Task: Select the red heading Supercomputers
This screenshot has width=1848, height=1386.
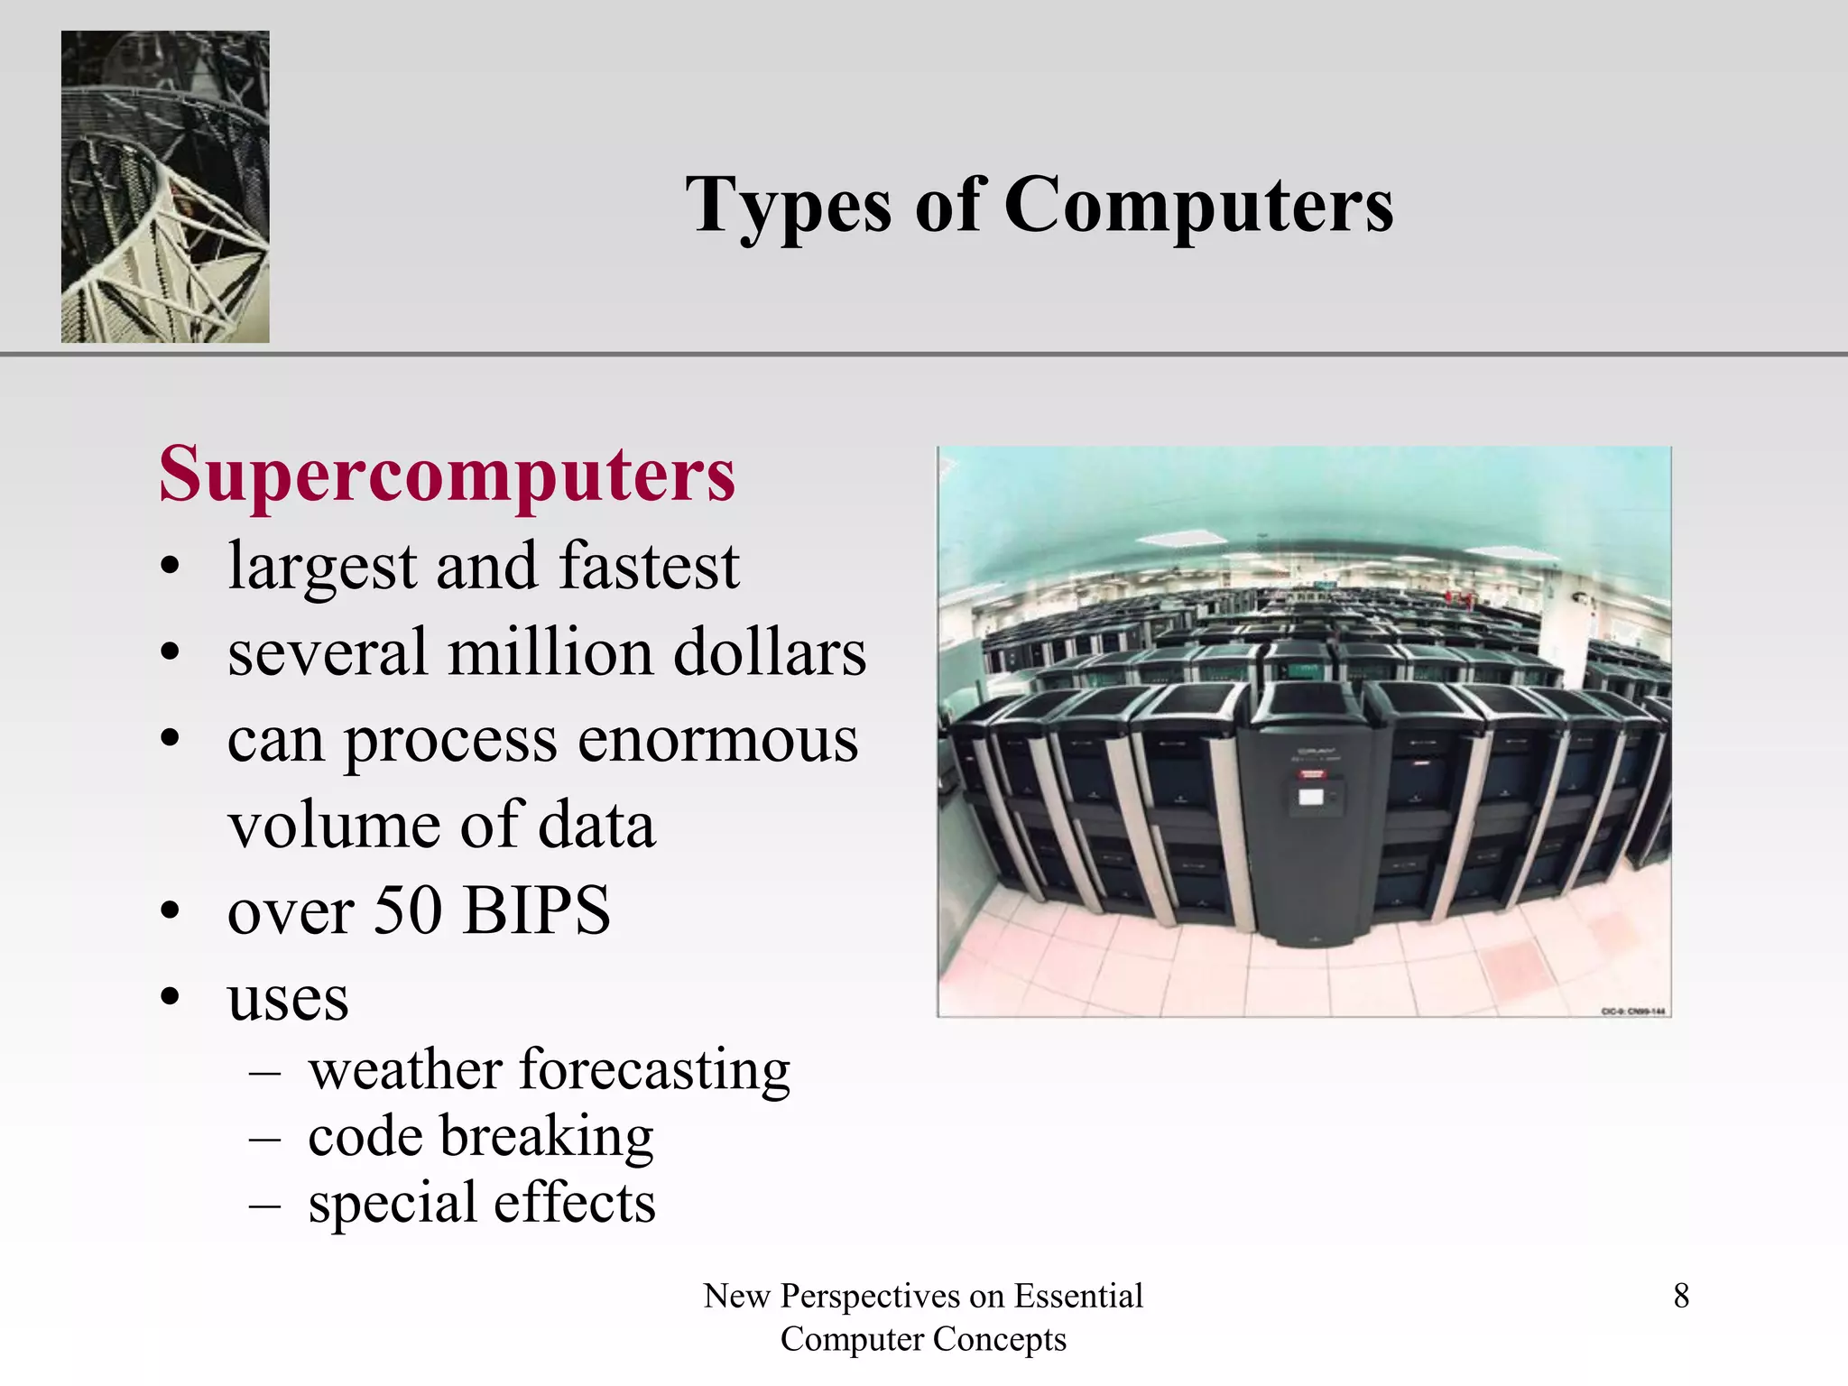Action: (447, 476)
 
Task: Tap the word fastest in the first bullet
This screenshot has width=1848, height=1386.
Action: (649, 567)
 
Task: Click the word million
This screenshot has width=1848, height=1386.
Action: (550, 652)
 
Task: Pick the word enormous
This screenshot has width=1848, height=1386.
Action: (717, 740)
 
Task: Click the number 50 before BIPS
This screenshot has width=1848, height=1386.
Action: (407, 910)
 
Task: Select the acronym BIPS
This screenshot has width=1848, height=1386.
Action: (537, 910)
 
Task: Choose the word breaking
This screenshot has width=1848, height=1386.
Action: (546, 1136)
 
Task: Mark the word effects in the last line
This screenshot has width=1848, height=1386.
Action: (574, 1204)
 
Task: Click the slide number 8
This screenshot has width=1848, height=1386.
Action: (1681, 1296)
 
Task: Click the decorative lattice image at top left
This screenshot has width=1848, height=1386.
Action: (165, 187)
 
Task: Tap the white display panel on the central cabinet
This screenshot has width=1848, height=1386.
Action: (1309, 797)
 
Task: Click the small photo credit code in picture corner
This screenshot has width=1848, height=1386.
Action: (1632, 1011)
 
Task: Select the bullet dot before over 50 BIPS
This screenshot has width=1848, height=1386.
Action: (171, 910)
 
